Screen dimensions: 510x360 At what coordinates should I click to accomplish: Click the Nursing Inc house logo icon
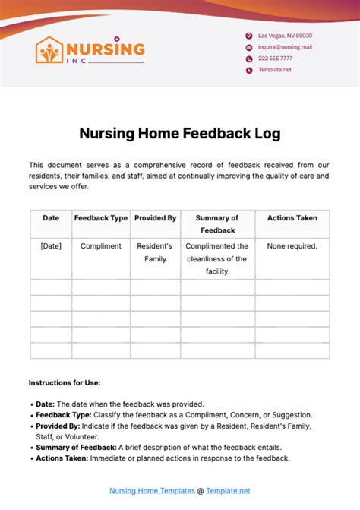pyautogui.click(x=49, y=51)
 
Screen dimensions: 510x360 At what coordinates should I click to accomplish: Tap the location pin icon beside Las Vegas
pyautogui.click(x=248, y=36)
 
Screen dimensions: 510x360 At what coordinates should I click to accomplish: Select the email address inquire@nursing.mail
pyautogui.click(x=285, y=47)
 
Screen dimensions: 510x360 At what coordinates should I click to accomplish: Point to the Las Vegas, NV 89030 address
pyautogui.click(x=285, y=36)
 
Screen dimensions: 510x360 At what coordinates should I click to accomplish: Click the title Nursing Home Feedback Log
pyautogui.click(x=180, y=134)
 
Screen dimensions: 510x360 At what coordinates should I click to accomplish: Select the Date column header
pyautogui.click(x=51, y=218)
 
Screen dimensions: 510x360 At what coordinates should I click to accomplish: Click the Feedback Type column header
pyautogui.click(x=101, y=218)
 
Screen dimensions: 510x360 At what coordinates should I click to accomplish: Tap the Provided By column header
pyautogui.click(x=155, y=218)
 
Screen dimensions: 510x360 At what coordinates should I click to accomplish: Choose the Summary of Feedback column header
pyautogui.click(x=217, y=224)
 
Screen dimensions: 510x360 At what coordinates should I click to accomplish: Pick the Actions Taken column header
pyautogui.click(x=292, y=218)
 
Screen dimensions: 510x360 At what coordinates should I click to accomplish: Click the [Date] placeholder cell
pyautogui.click(x=51, y=246)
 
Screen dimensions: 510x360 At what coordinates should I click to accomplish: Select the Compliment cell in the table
pyautogui.click(x=101, y=246)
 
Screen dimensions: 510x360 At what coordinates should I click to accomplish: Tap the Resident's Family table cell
pyautogui.click(x=155, y=252)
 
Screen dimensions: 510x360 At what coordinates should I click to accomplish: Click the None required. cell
pyautogui.click(x=292, y=246)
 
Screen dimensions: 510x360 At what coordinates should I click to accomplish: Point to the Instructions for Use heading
pyautogui.click(x=65, y=382)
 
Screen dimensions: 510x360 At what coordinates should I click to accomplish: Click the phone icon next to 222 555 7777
pyautogui.click(x=248, y=59)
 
